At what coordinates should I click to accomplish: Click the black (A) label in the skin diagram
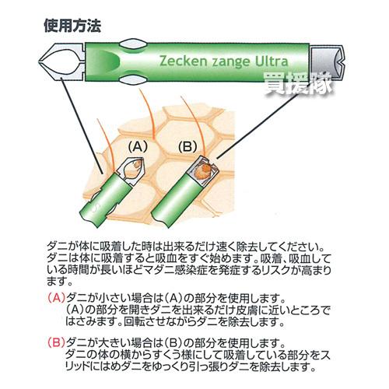click(x=138, y=145)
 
